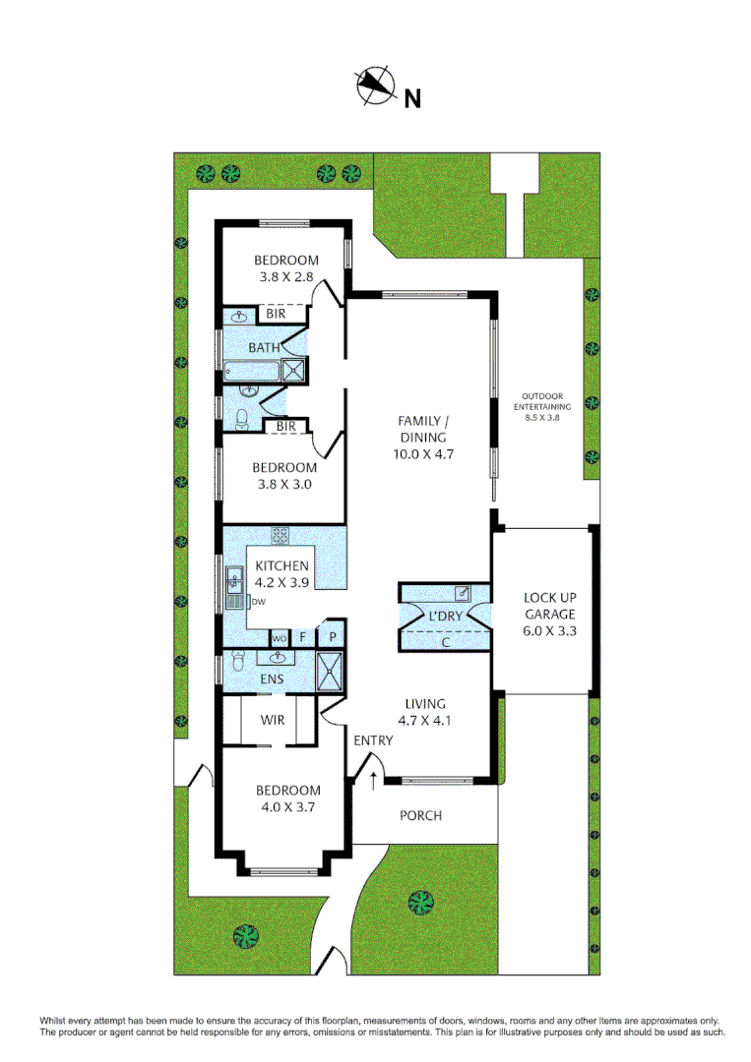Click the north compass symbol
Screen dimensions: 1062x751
point(375,86)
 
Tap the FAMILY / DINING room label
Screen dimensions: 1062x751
point(422,438)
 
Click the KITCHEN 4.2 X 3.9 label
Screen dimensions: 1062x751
point(282,573)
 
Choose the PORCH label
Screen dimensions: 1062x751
point(420,815)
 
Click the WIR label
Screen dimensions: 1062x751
point(273,720)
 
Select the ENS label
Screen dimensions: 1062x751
point(272,679)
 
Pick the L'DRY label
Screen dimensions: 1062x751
point(445,617)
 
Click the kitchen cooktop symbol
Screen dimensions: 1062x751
point(281,536)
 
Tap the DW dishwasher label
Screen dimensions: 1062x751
point(259,602)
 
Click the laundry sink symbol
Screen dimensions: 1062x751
point(462,594)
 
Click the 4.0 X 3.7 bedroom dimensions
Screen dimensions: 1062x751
point(287,807)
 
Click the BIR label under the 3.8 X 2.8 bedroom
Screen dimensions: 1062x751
point(273,314)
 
